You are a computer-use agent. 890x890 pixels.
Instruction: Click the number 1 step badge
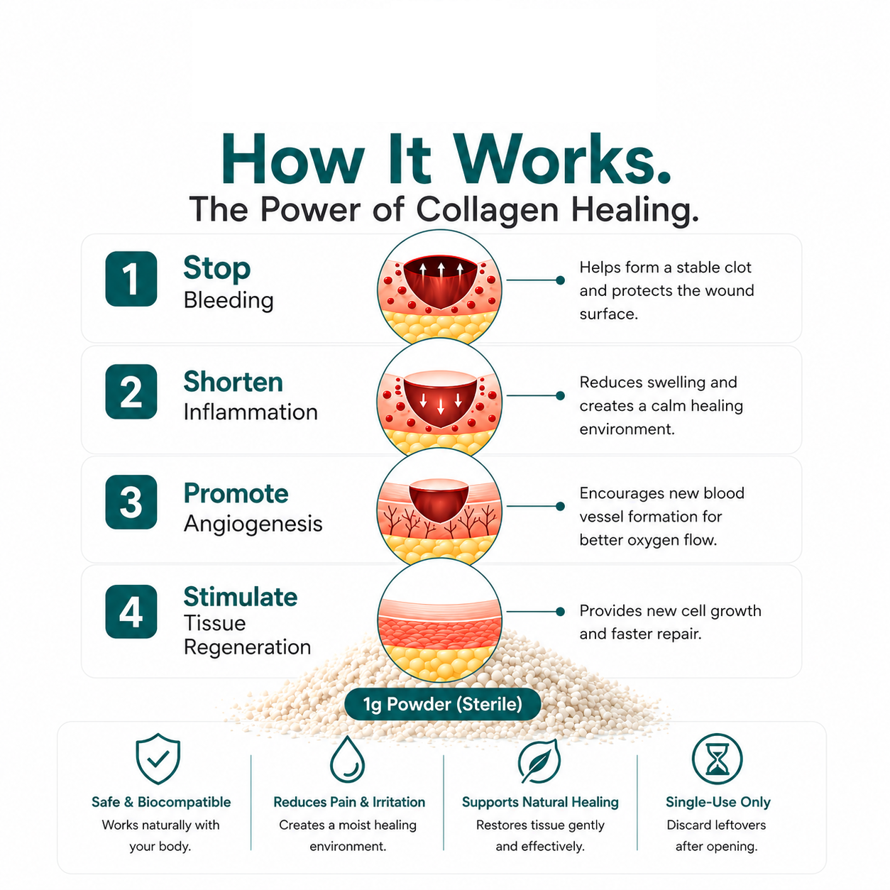[x=131, y=278]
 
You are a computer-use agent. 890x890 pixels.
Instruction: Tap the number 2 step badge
[x=131, y=392]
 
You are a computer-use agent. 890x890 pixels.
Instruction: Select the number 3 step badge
[x=131, y=502]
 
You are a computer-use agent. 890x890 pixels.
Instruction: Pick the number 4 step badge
[x=131, y=612]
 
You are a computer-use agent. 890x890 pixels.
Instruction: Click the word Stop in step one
[x=217, y=268]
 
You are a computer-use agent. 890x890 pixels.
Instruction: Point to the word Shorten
[x=234, y=382]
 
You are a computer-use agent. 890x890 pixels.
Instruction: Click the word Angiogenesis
[x=253, y=524]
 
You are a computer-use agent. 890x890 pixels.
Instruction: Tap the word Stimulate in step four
[x=241, y=597]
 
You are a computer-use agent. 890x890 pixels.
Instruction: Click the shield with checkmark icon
[x=158, y=759]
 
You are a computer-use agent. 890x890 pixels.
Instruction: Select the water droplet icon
[x=347, y=759]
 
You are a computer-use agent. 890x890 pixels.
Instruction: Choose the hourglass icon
[x=717, y=759]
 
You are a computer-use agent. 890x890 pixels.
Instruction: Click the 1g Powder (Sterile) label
[x=442, y=704]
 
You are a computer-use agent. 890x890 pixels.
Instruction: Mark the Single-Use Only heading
[x=718, y=802]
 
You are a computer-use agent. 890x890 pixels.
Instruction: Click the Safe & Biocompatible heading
[x=161, y=802]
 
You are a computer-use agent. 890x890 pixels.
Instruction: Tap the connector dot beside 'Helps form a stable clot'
[x=560, y=280]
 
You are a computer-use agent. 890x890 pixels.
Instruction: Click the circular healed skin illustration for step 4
[x=440, y=620]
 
